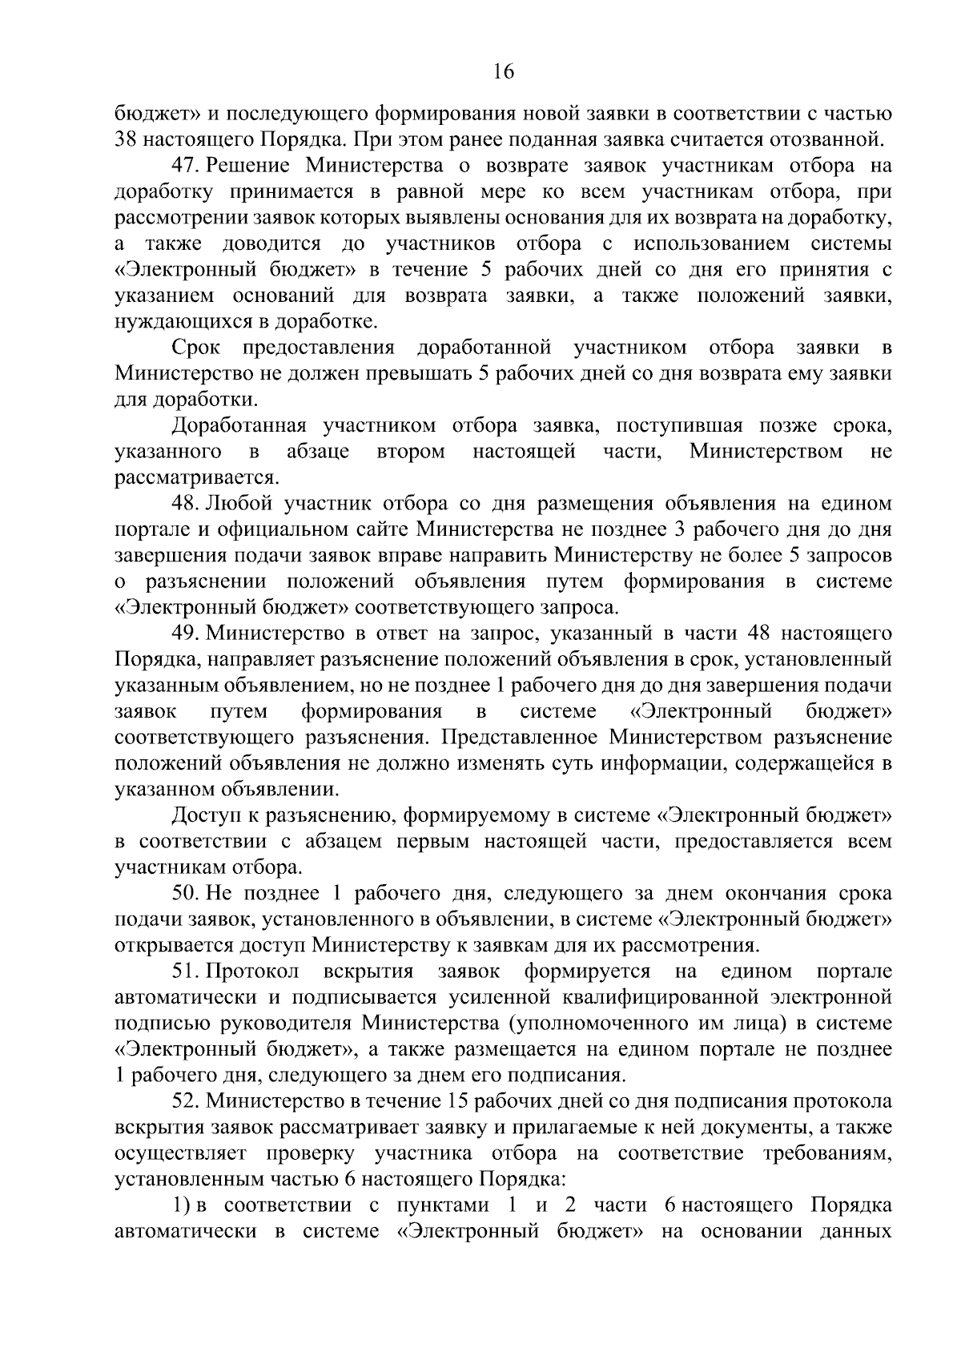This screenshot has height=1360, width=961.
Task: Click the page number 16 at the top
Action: point(504,71)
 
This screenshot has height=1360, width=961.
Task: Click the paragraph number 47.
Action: point(186,167)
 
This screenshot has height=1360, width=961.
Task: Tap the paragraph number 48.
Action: point(186,504)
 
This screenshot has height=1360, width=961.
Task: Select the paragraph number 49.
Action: point(186,634)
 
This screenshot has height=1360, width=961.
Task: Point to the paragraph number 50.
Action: point(186,893)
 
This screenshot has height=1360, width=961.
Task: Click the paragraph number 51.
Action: point(186,972)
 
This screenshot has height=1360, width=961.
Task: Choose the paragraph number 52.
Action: point(186,1101)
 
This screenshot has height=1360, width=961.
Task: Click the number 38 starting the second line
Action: point(127,140)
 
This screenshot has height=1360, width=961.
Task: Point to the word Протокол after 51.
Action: point(252,972)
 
